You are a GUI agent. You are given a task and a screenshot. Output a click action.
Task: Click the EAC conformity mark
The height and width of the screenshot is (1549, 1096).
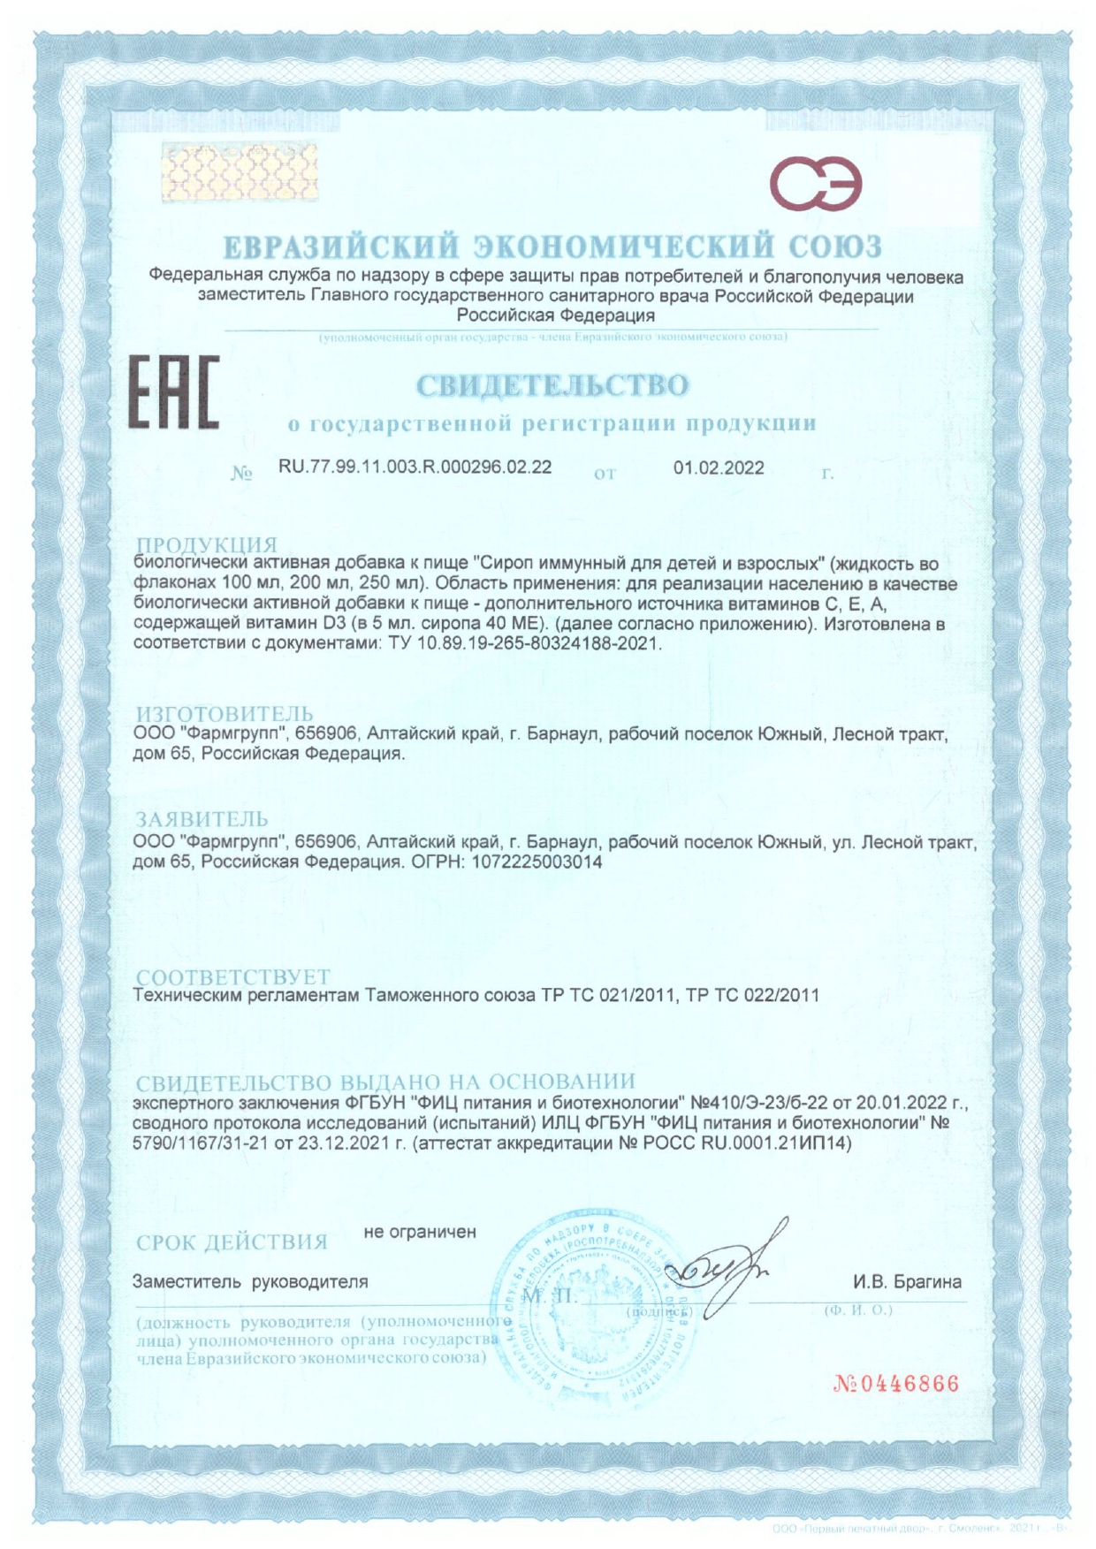click(174, 392)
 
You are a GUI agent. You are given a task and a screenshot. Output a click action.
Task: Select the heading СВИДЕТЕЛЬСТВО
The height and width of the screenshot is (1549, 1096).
click(552, 385)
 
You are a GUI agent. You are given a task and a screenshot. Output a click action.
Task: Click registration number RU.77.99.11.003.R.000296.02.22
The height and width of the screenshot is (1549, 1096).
click(415, 467)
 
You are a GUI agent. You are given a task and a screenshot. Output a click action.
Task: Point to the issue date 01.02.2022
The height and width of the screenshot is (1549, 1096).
click(719, 467)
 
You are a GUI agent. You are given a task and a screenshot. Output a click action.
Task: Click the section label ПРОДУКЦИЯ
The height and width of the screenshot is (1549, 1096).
click(206, 544)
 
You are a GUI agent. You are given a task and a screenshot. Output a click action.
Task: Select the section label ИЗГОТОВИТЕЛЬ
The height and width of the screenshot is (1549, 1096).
click(224, 713)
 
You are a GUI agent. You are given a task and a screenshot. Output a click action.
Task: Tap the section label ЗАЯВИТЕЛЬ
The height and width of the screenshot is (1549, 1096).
click(202, 819)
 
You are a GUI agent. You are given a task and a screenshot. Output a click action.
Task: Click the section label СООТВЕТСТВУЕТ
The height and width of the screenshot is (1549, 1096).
click(232, 976)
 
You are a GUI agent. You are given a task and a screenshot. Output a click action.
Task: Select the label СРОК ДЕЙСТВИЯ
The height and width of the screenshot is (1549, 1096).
click(232, 1241)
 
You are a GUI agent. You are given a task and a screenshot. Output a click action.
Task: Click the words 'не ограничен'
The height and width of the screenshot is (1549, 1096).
click(420, 1231)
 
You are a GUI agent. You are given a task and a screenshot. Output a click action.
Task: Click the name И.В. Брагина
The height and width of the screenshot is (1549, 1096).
click(907, 1281)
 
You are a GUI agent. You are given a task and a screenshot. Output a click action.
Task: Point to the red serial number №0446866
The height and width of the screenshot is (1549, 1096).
click(895, 1383)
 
